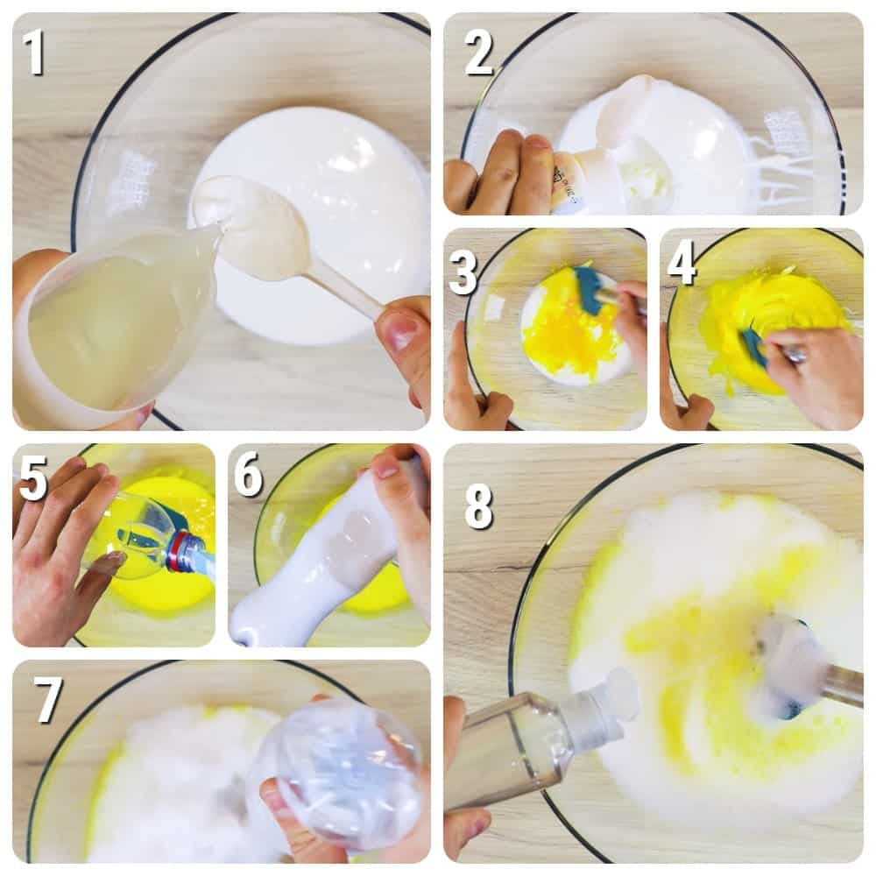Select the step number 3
(463, 272)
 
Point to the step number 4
(682, 264)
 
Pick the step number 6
(249, 475)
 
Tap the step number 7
(47, 699)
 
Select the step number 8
(479, 506)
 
